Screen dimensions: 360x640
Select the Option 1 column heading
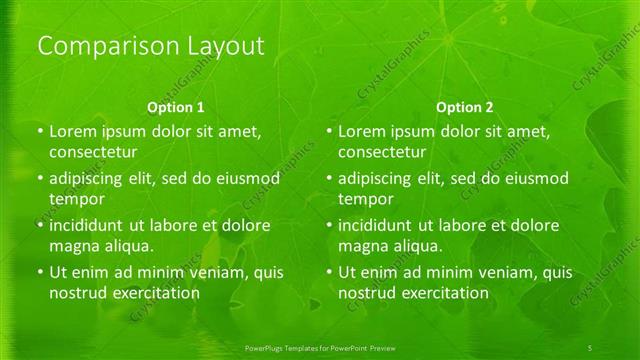click(176, 106)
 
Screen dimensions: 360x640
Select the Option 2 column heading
click(465, 106)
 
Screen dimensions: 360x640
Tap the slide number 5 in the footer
click(591, 346)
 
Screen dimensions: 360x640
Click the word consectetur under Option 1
click(92, 152)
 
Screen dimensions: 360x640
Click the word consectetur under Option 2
click(382, 152)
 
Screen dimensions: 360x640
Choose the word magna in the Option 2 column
click(362, 246)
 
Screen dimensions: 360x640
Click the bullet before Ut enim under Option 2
click(328, 272)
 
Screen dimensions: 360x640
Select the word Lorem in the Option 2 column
click(362, 131)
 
